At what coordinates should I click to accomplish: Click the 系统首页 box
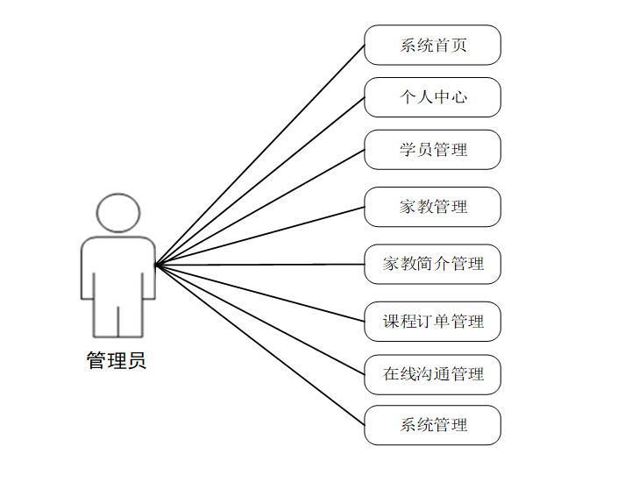(432, 45)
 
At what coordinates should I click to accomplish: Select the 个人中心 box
(432, 97)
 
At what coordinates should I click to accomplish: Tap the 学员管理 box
(432, 150)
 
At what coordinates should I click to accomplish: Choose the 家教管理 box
(432, 207)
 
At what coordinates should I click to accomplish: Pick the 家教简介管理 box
(432, 264)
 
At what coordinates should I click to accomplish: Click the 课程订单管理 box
(432, 321)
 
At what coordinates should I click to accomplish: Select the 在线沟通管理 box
(432, 374)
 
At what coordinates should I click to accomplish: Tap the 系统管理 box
(432, 425)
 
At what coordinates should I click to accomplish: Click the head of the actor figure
(118, 213)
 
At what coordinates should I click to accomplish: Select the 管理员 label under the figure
(117, 360)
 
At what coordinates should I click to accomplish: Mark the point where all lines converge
(156, 265)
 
